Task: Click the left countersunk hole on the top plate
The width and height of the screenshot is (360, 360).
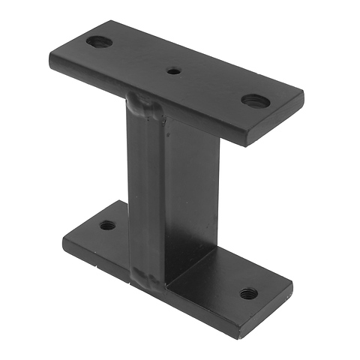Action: click(98, 42)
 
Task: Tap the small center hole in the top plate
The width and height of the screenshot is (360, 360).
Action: click(174, 72)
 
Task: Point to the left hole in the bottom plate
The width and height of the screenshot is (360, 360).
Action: click(108, 224)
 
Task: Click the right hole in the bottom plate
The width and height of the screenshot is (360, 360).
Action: click(248, 292)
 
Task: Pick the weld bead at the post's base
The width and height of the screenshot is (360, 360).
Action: click(148, 277)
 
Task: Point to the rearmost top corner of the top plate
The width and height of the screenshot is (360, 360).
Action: click(114, 21)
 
